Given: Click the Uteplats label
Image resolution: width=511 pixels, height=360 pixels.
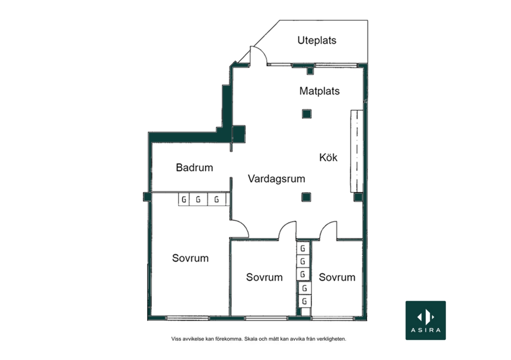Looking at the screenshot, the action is [317, 41].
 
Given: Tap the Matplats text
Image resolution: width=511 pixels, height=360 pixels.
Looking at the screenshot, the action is [319, 91].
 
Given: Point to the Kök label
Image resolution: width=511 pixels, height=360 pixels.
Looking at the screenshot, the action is [328, 157].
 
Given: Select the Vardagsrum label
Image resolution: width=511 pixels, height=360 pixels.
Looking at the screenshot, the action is [276, 179].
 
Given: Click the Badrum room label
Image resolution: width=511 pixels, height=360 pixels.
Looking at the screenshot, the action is [194, 168].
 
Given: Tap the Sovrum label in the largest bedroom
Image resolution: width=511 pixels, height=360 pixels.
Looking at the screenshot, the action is [190, 258].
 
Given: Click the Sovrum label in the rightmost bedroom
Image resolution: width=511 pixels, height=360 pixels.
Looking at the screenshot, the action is [337, 277].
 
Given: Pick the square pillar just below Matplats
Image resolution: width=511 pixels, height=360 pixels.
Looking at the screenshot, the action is [306, 114].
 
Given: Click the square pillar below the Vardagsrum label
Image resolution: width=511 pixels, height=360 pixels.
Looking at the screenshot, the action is [306, 197].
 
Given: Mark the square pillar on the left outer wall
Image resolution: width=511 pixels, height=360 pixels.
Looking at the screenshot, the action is [147, 197].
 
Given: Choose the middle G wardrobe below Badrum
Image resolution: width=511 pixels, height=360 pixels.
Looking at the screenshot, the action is [198, 199].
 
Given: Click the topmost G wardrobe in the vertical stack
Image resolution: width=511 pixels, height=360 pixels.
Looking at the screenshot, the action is [303, 249].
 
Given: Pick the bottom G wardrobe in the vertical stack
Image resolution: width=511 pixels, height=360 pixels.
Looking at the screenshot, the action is [304, 302].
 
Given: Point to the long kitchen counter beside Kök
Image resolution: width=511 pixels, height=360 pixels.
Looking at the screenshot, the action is [357, 151].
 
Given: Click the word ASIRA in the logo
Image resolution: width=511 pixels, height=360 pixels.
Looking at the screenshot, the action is [426, 330].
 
